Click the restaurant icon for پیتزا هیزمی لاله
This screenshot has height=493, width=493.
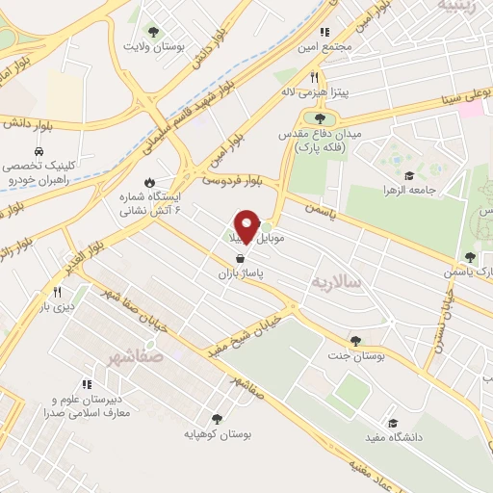coord(314,79)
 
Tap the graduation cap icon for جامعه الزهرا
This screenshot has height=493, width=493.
coord(408,175)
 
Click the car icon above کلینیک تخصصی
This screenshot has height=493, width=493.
coord(37,152)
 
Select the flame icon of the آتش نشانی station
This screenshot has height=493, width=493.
coord(149,182)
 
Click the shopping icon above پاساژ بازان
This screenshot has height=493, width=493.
coord(238,258)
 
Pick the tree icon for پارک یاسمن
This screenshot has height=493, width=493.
coord(470,257)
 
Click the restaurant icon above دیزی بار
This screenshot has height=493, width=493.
coord(58,292)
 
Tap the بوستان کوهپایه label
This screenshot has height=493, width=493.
coord(221,434)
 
